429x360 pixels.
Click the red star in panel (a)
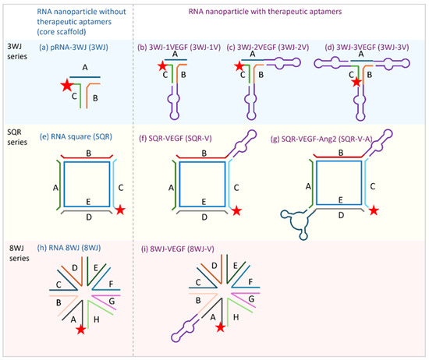tap(67, 85)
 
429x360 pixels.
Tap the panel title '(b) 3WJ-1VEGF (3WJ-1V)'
tap(179, 48)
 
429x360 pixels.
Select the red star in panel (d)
tap(356, 82)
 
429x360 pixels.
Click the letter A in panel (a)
tap(85, 67)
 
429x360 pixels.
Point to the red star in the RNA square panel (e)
tap(120, 210)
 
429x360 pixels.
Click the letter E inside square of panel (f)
tap(204, 202)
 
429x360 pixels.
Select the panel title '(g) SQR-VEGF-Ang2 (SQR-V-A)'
tap(321, 139)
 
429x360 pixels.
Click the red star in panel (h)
tap(81, 330)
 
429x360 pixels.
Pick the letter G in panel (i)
tap(251, 298)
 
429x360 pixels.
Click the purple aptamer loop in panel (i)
tap(186, 328)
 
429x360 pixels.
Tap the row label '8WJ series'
tap(19, 253)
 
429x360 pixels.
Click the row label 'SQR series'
tap(17, 137)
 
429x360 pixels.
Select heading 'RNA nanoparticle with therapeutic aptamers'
tap(265, 12)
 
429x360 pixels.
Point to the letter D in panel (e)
tap(89, 217)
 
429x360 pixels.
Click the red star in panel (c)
tap(239, 66)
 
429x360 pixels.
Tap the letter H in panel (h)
tap(96, 319)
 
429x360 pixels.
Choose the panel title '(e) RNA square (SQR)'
tap(76, 136)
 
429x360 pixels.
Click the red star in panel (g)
tap(374, 210)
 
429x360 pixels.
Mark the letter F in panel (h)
tap(111, 284)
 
